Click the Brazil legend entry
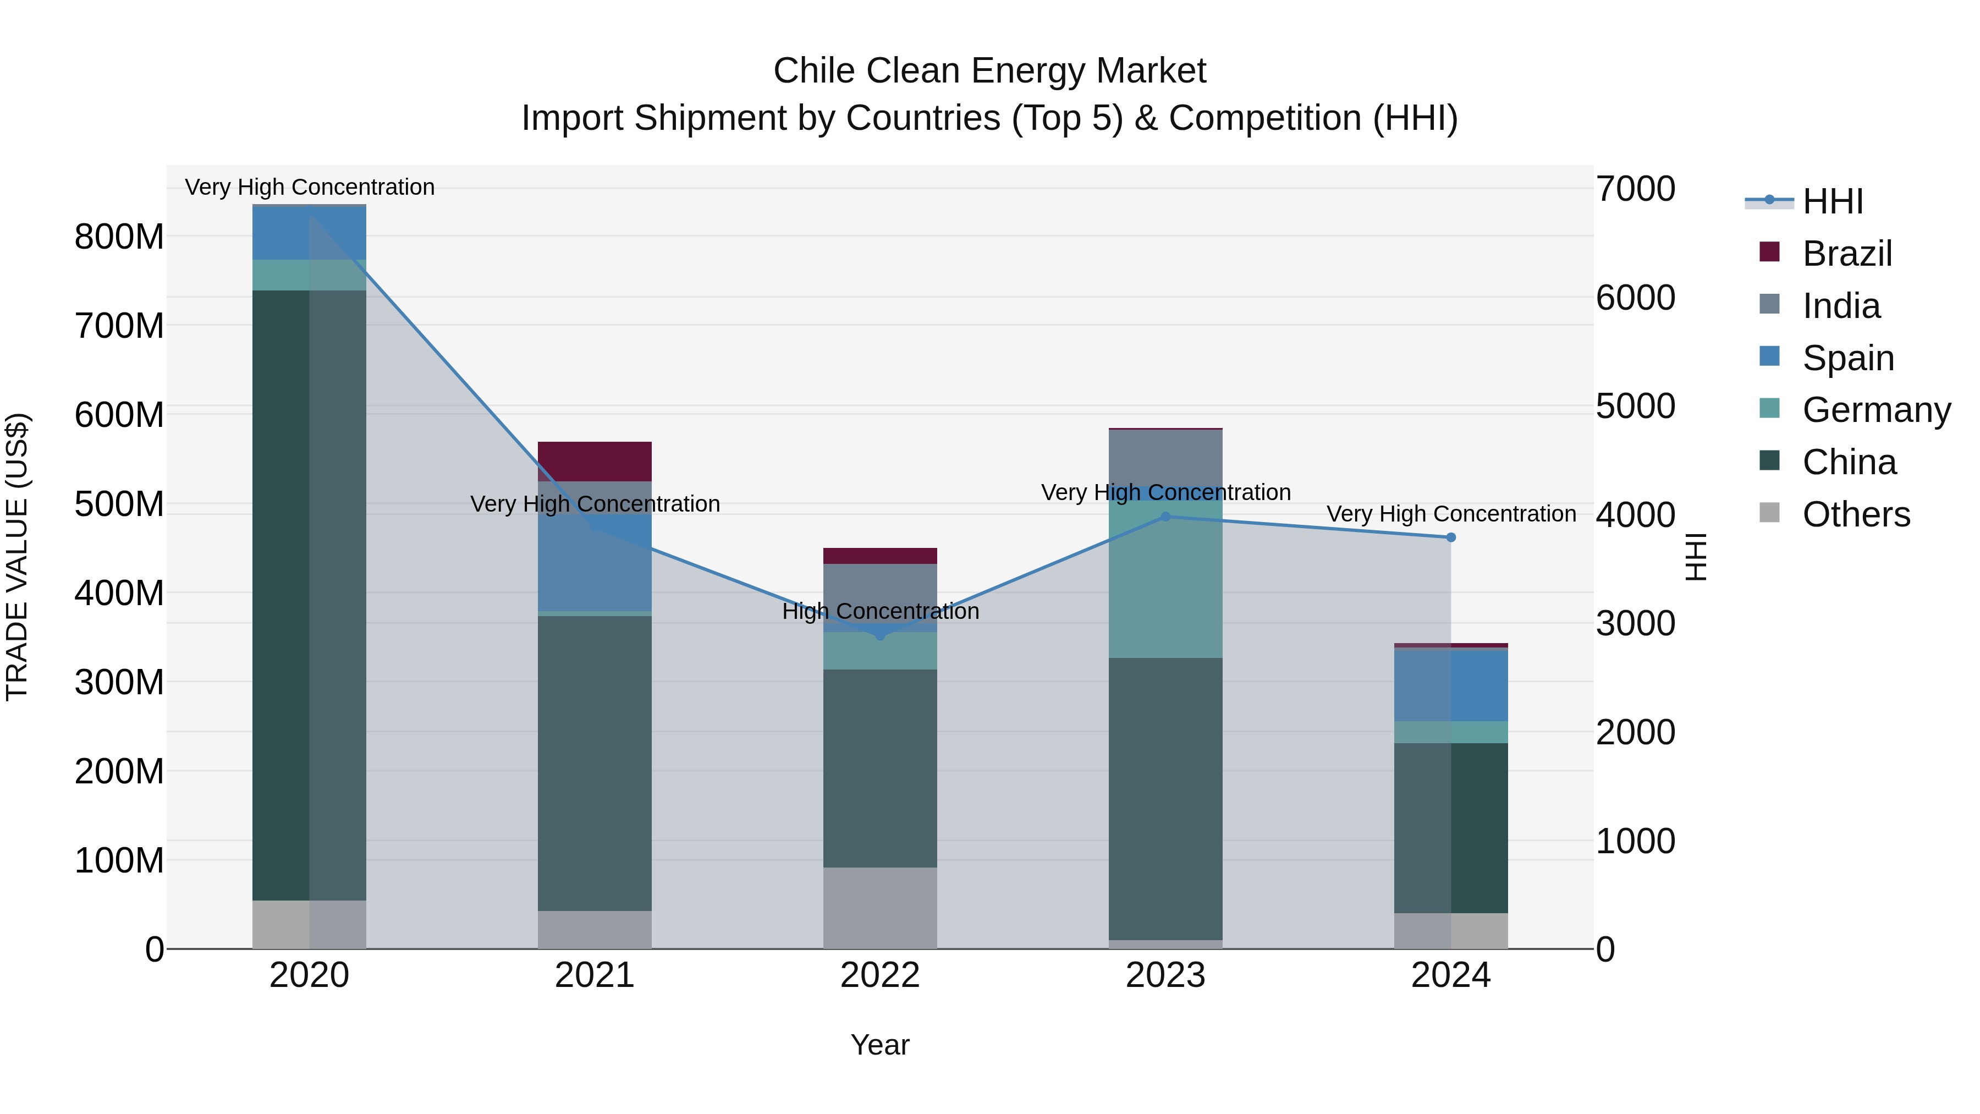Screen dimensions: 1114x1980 pos(1846,254)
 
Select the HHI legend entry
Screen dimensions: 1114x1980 pos(1833,201)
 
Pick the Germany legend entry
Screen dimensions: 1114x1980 pos(1876,410)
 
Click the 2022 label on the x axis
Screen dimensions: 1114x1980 pos(879,975)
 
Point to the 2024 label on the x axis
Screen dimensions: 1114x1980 pos(1450,975)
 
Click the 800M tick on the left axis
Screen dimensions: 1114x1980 pos(119,237)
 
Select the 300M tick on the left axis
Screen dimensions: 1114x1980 pos(119,682)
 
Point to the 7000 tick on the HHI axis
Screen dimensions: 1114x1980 pos(1635,189)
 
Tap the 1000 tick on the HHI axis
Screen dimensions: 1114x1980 pos(1635,841)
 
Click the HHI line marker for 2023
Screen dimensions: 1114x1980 pos(1165,517)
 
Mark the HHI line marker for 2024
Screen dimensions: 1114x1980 pos(1450,537)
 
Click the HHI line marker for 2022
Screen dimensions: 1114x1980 pos(880,635)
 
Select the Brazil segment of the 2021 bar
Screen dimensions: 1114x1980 pos(594,462)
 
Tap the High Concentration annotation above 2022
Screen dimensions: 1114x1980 pos(880,611)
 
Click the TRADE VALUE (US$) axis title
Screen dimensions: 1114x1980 pos(17,557)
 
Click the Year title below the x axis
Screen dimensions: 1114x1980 pos(879,1045)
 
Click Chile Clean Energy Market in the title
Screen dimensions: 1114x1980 pos(989,71)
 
